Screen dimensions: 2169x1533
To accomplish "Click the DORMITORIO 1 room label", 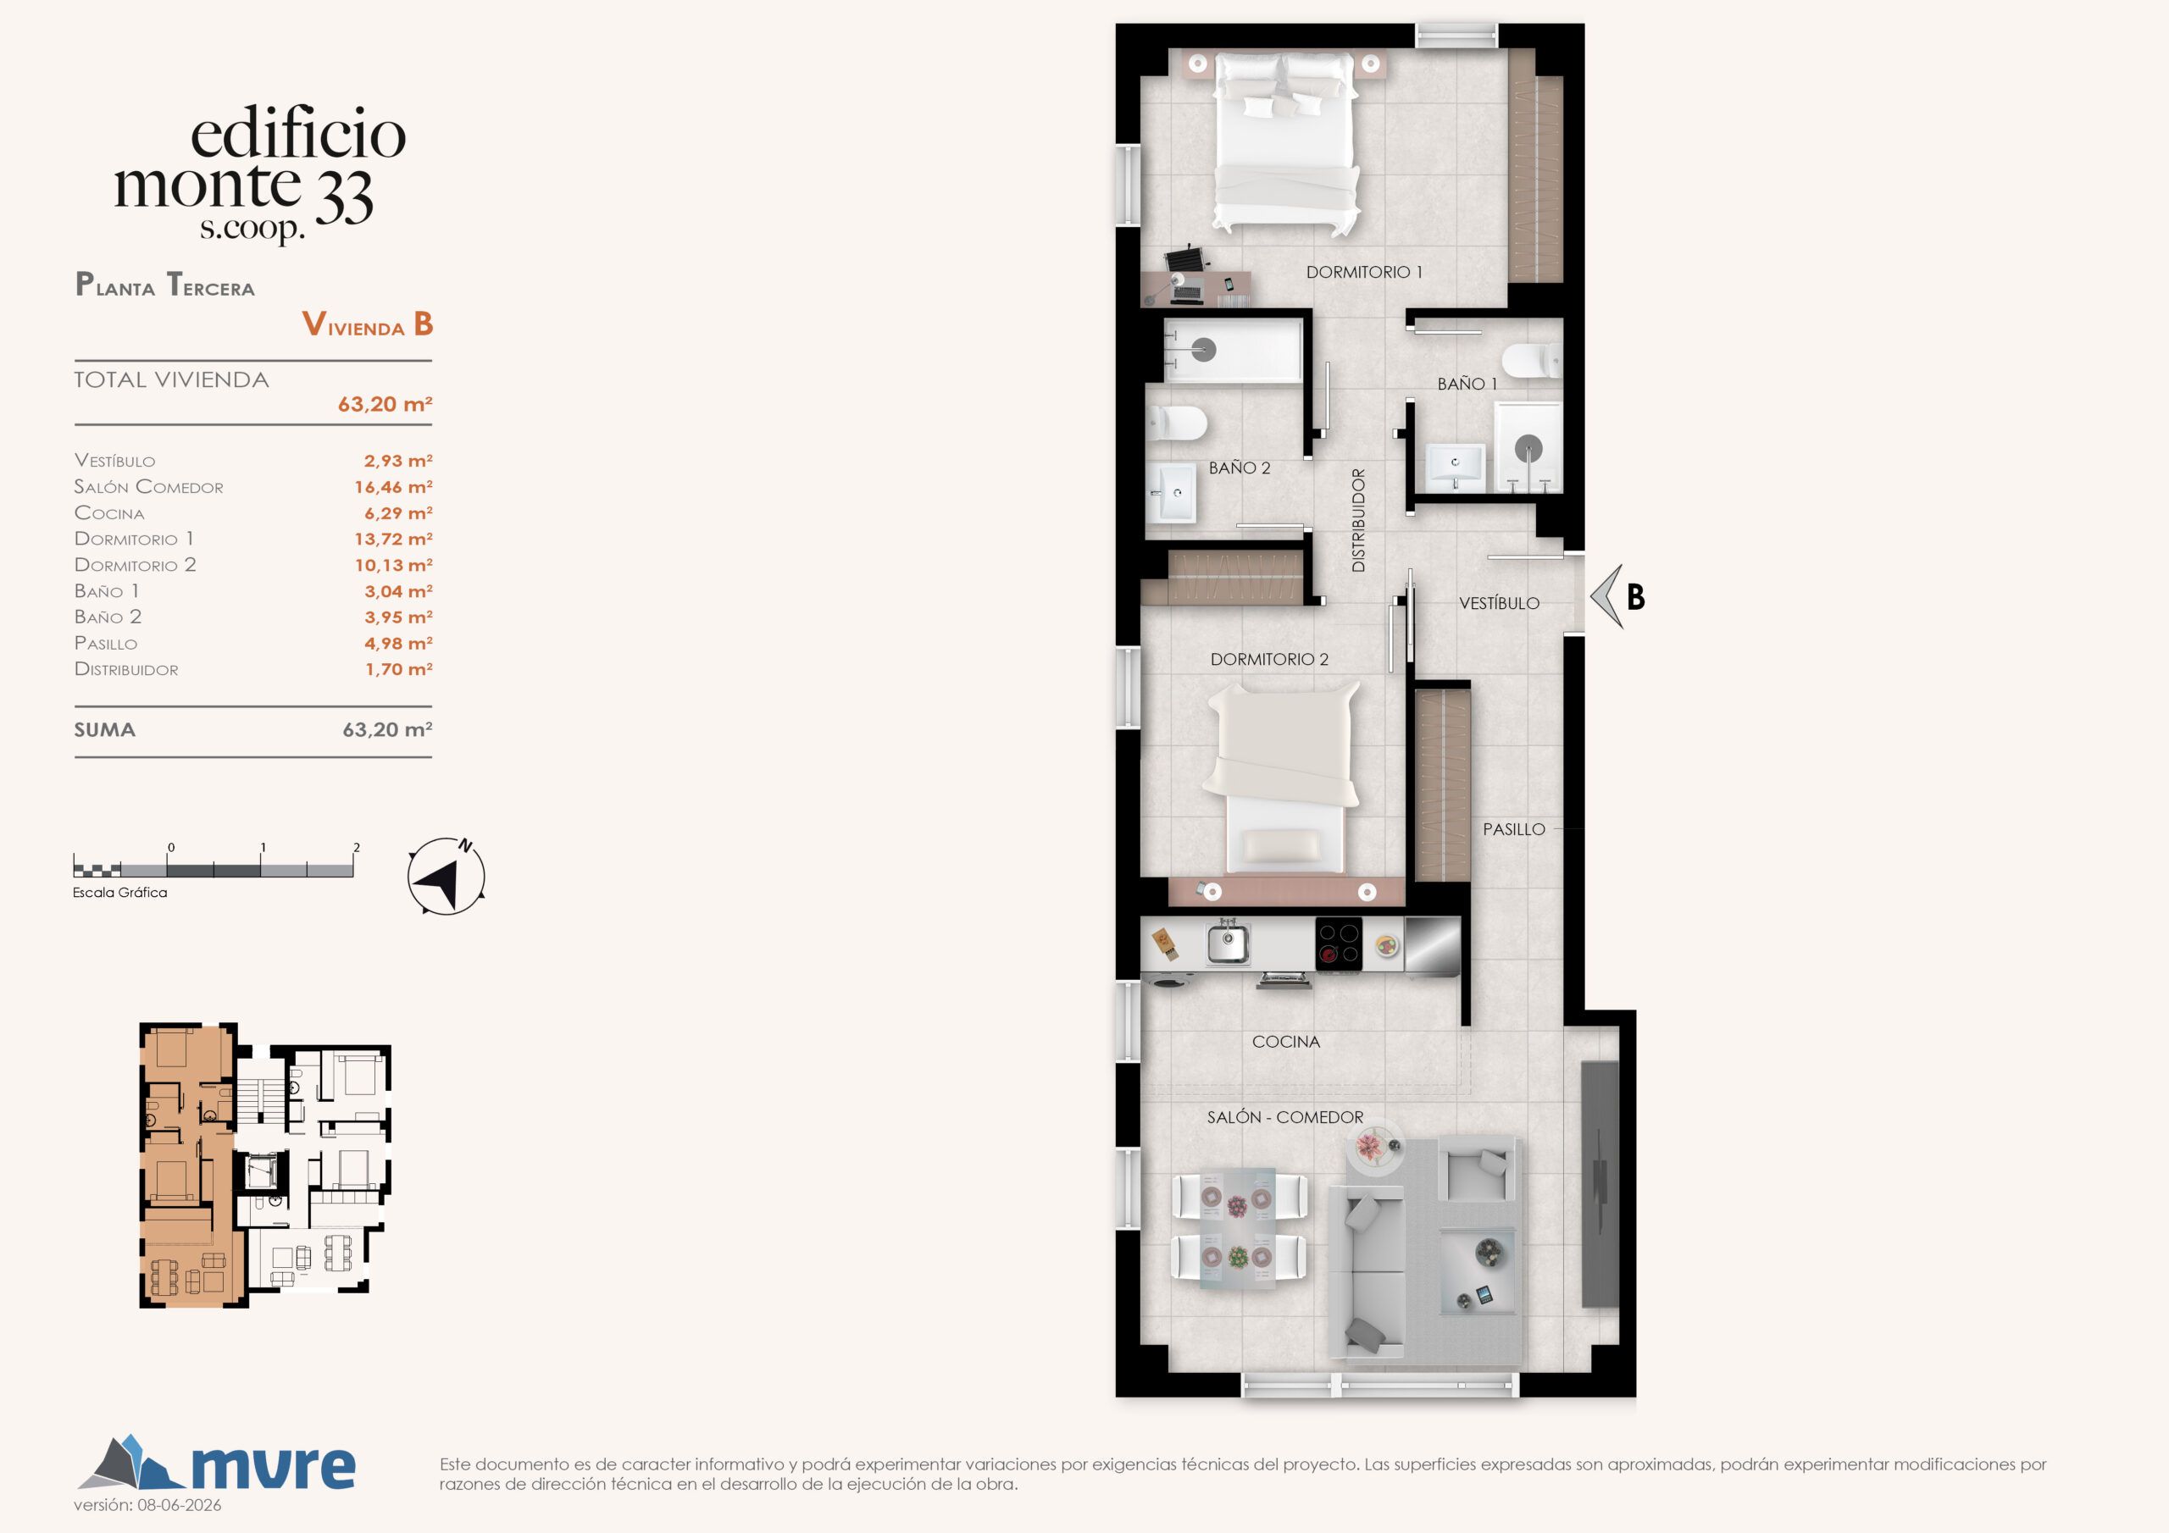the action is click(x=1363, y=272).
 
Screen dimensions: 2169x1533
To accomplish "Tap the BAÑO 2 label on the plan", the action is click(x=1240, y=468).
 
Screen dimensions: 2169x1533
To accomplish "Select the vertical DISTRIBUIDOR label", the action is click(x=1358, y=520).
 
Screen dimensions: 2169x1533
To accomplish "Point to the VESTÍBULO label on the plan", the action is click(x=1498, y=603).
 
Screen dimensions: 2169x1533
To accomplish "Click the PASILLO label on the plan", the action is click(x=1513, y=829).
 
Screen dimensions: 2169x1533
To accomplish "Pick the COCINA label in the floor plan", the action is click(x=1285, y=1042).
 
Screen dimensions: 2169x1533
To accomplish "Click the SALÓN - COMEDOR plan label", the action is click(x=1284, y=1117).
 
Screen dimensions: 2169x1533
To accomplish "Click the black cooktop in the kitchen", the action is click(x=1339, y=944).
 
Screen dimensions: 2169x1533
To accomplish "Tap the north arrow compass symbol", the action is click(x=446, y=877).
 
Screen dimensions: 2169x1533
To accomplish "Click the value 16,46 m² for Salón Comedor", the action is click(x=393, y=486).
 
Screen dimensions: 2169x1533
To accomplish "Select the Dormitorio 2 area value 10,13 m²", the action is click(x=393, y=565).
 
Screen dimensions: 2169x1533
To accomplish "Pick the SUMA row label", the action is click(x=105, y=730).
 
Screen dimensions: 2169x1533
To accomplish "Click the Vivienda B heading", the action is click(x=368, y=324).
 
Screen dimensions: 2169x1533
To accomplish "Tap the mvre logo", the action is click(x=216, y=1464).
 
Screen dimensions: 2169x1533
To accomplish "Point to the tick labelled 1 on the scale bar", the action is click(x=263, y=847).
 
